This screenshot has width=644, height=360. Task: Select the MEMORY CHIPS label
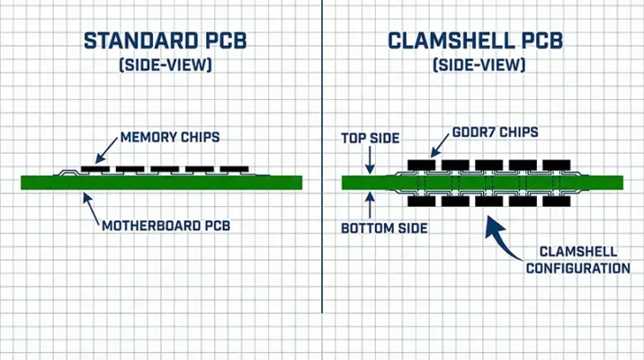point(172,138)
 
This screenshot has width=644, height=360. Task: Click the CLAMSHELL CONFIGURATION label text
point(577,260)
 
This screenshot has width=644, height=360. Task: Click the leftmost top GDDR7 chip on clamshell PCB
point(421,166)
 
